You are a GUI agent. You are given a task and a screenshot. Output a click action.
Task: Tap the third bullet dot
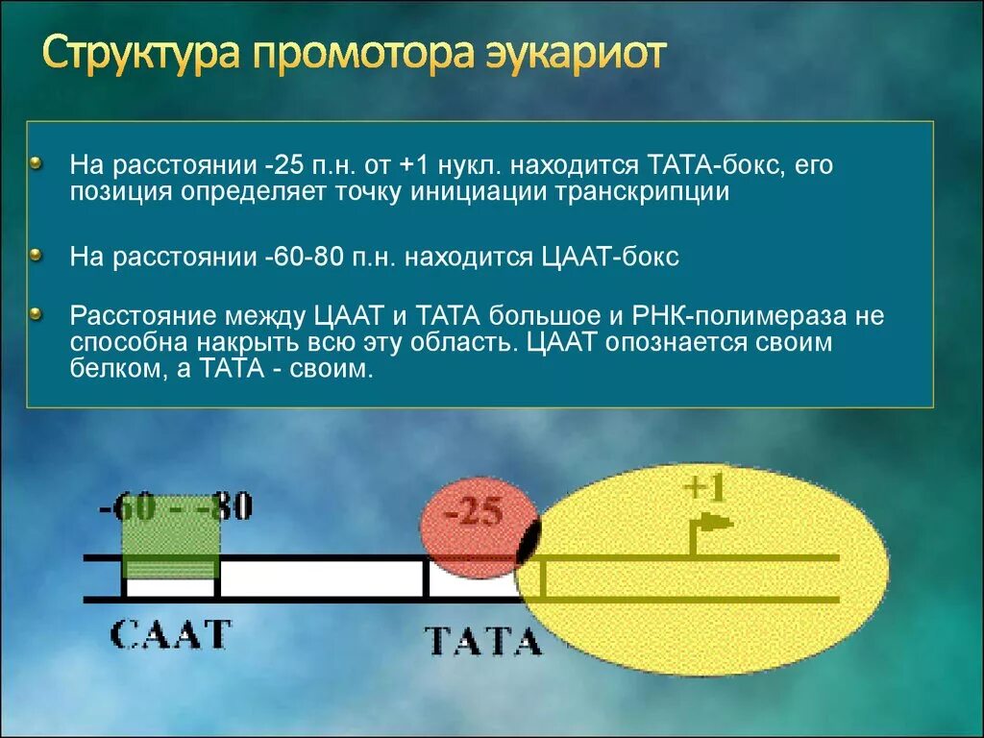point(37,313)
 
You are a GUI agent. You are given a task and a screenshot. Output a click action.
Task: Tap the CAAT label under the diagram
point(171,634)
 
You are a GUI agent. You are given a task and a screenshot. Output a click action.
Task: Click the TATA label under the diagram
point(482,640)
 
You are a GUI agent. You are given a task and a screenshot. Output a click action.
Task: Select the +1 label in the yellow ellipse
point(705,488)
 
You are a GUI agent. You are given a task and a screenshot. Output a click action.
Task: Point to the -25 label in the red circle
point(474,512)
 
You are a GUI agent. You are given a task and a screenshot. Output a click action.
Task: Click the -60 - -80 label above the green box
point(175,506)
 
